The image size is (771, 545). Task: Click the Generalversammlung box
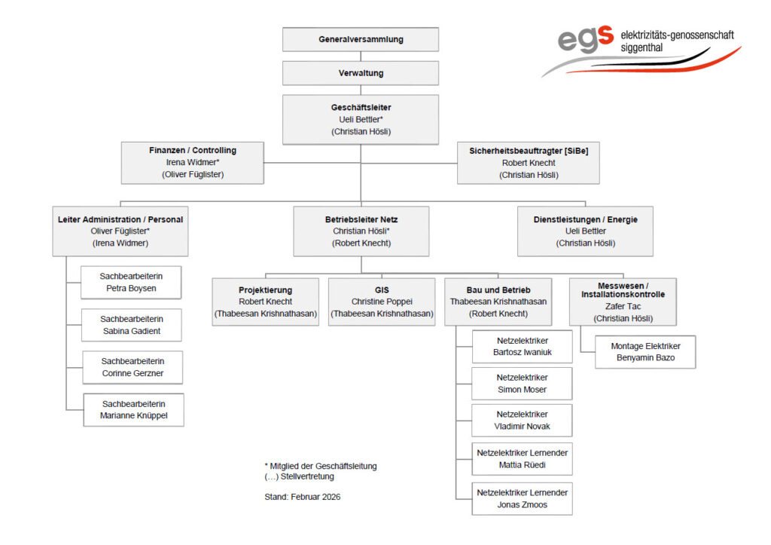pyautogui.click(x=361, y=39)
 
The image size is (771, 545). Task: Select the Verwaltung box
pyautogui.click(x=361, y=73)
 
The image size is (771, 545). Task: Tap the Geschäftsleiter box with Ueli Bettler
pyautogui.click(x=361, y=119)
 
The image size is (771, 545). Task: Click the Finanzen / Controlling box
pyautogui.click(x=193, y=162)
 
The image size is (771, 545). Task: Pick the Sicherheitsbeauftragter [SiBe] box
pyautogui.click(x=528, y=162)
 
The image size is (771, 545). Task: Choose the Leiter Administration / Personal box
pyautogui.click(x=120, y=231)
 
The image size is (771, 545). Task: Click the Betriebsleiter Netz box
pyautogui.click(x=361, y=231)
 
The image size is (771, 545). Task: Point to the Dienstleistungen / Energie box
pyautogui.click(x=585, y=231)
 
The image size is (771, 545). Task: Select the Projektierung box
pyautogui.click(x=266, y=302)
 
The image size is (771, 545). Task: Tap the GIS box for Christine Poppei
pyautogui.click(x=382, y=302)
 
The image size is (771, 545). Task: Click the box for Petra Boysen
pyautogui.click(x=132, y=283)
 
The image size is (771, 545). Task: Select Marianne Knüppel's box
pyautogui.click(x=133, y=409)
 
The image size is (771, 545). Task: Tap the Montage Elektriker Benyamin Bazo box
pyautogui.click(x=645, y=352)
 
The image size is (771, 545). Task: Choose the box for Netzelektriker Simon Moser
pyautogui.click(x=522, y=383)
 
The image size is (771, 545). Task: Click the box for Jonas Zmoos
pyautogui.click(x=522, y=498)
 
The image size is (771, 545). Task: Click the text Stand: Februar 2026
pyautogui.click(x=297, y=497)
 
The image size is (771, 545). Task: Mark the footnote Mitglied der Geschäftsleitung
pyautogui.click(x=322, y=466)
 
